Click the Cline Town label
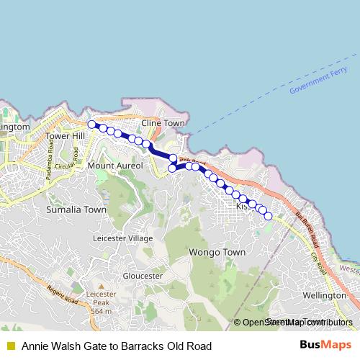[163, 123]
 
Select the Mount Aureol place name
[115, 166]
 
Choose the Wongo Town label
[217, 253]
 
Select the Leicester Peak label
[102, 303]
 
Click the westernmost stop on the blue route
[92, 125]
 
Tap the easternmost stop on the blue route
[269, 215]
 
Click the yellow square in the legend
[10, 346]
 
